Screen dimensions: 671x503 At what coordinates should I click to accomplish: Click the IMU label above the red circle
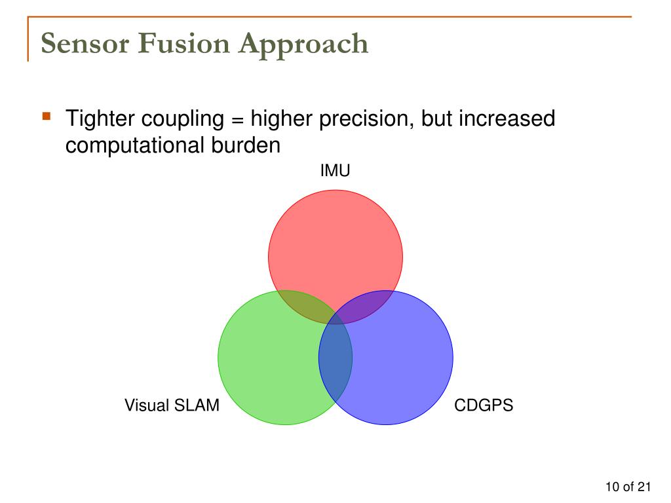(335, 172)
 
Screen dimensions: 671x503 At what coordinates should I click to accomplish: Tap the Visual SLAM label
(172, 405)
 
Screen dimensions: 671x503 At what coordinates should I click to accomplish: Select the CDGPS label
(484, 405)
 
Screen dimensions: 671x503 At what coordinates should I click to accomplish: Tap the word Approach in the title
(303, 44)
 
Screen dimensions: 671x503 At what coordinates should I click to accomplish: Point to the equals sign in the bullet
(237, 120)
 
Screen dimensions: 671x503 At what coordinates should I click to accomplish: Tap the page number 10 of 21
(627, 487)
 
